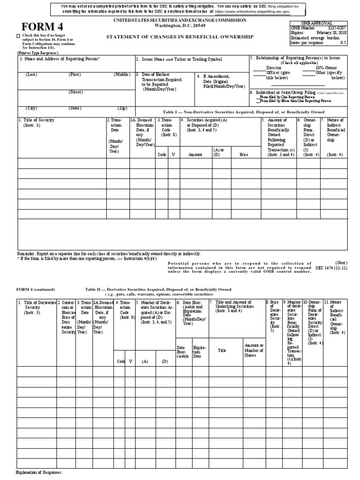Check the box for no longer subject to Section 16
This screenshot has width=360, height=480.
18,36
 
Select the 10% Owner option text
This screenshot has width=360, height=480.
327,67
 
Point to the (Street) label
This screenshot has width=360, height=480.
75,92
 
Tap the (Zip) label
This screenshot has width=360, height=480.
122,108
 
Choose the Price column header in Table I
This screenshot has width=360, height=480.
244,154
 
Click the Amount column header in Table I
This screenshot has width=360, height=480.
195,154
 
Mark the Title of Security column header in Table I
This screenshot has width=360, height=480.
37,120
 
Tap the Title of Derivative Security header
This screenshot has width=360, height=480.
37,305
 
